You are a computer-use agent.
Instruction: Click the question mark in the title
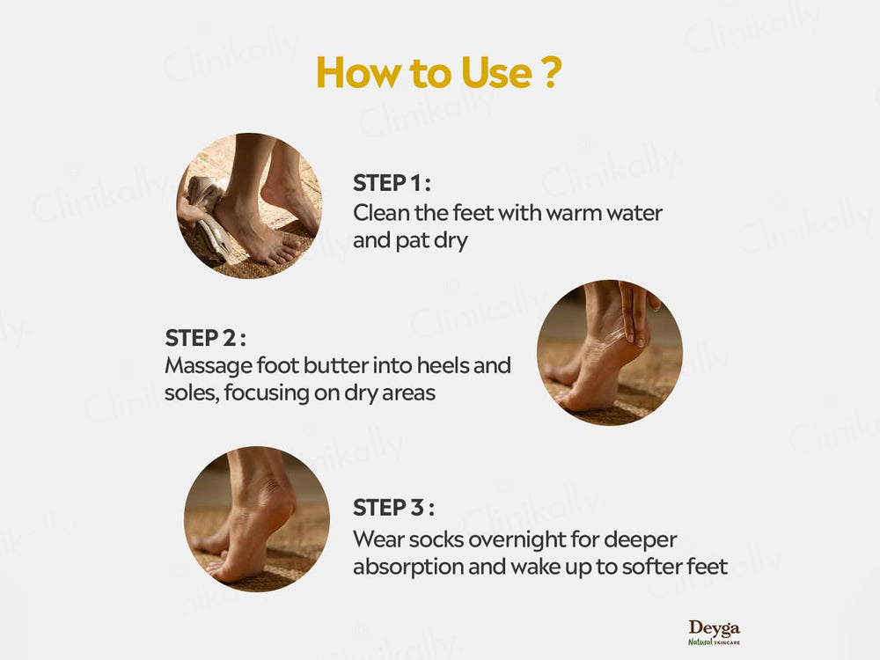[x=548, y=74]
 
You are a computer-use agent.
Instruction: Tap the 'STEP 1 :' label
[x=392, y=184]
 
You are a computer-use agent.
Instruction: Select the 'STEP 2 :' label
[x=204, y=338]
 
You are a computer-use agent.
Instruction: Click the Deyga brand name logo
[x=714, y=628]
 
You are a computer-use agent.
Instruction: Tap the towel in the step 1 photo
[x=207, y=216]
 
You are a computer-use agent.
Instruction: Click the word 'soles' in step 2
[x=190, y=392]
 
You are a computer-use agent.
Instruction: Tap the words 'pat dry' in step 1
[x=430, y=240]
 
